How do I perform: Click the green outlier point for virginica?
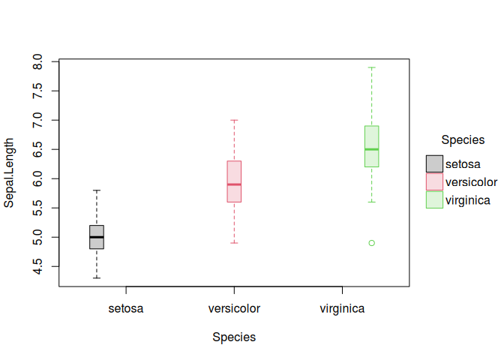[x=371, y=243]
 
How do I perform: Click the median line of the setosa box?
[x=97, y=237]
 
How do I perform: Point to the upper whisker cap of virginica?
[x=371, y=67]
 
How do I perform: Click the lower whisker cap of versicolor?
[x=234, y=243]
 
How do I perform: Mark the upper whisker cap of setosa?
[x=97, y=190]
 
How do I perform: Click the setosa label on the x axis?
[x=126, y=308]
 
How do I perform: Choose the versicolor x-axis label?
[x=234, y=308]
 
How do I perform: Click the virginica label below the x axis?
[x=342, y=308]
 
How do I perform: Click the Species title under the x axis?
[x=234, y=337]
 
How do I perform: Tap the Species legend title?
[x=463, y=139]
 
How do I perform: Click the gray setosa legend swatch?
[x=434, y=163]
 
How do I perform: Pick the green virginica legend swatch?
[x=434, y=199]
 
